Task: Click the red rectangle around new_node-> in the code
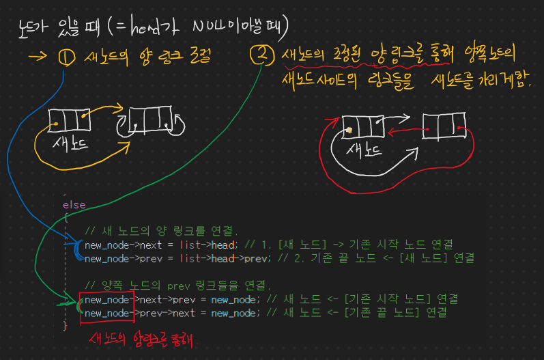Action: pos(107,305)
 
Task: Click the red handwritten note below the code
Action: pos(143,340)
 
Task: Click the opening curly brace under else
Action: pos(66,217)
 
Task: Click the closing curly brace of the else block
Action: pos(66,326)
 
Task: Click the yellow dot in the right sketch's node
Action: pos(348,129)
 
